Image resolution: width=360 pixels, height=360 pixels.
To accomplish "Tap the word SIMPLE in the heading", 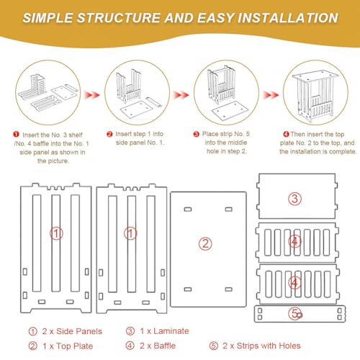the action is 48,18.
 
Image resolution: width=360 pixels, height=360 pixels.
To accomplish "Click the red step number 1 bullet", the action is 16,134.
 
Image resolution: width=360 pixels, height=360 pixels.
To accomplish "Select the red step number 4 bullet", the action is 286,134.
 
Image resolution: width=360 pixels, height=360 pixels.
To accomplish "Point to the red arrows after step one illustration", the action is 91,95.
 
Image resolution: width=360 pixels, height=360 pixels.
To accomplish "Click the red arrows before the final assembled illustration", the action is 271,95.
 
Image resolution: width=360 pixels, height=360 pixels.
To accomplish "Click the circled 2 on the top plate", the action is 205,244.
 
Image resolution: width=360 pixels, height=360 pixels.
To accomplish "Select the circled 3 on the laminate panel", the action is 294,199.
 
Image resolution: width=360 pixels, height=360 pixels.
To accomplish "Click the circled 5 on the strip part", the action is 294,313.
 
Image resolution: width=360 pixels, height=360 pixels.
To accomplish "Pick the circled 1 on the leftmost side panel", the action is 56,233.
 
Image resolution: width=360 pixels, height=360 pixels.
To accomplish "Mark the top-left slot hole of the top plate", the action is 188,210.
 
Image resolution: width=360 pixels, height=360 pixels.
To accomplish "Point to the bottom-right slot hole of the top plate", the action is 228,289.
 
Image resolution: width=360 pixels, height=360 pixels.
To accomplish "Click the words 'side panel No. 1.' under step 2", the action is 140,143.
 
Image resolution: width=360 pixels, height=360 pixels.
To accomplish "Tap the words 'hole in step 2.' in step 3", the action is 227,151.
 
